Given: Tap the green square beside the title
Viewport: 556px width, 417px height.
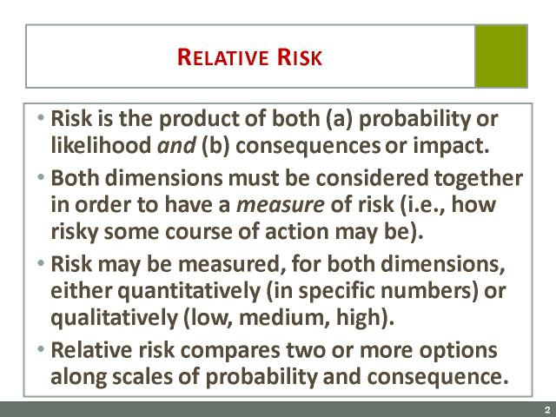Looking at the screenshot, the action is click(501, 56).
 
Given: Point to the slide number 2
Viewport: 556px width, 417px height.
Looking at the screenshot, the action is click(548, 409).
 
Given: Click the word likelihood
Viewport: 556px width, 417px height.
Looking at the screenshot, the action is click(101, 145).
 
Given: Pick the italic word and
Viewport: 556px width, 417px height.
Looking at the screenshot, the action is click(176, 146).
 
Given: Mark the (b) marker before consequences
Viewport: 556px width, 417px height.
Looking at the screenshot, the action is click(215, 146).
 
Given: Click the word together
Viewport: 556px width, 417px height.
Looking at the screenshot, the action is click(479, 178).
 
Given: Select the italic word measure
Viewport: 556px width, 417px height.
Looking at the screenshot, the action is click(280, 206).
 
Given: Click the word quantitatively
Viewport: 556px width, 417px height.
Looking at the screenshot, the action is click(189, 292).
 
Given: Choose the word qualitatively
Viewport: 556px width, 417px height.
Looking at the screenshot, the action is click(114, 318).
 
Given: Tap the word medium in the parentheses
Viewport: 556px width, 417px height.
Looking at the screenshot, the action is click(282, 317).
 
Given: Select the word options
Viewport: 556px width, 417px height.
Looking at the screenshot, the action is click(458, 351).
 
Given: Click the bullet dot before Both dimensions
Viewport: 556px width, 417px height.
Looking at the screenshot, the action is click(41, 176).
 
